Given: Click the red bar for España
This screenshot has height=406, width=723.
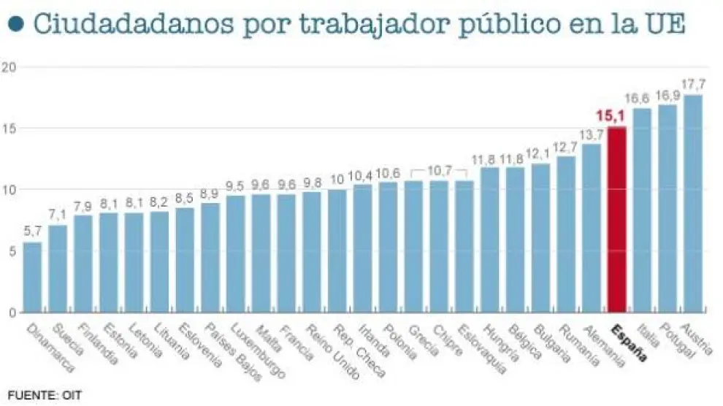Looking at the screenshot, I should tap(617, 219).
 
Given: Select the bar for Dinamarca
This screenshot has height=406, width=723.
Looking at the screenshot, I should tap(33, 277).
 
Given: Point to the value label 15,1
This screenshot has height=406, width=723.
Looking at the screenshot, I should tap(608, 115).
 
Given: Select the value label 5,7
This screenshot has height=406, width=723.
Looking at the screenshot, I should tap(33, 231).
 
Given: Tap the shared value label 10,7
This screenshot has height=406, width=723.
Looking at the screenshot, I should tap(439, 171).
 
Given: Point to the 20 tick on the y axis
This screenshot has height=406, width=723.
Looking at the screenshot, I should tap(8, 67).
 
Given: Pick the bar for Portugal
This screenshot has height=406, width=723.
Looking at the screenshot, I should tap(667, 208).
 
